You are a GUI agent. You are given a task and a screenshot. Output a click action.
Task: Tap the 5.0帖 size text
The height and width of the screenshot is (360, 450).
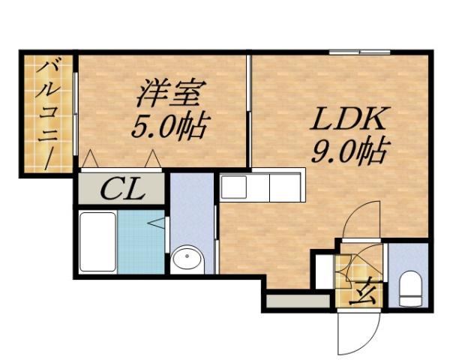[x=169, y=125]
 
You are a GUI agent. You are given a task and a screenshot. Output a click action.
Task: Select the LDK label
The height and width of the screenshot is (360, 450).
[x=349, y=119]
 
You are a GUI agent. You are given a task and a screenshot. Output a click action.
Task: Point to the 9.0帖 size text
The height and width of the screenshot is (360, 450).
[x=349, y=153]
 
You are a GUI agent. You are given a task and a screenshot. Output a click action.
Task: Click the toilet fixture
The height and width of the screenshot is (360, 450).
[x=410, y=289]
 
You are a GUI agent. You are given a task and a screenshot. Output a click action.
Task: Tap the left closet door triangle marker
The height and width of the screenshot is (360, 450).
[x=89, y=159]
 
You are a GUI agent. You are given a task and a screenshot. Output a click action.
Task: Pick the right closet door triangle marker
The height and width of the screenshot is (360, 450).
[x=153, y=159]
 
